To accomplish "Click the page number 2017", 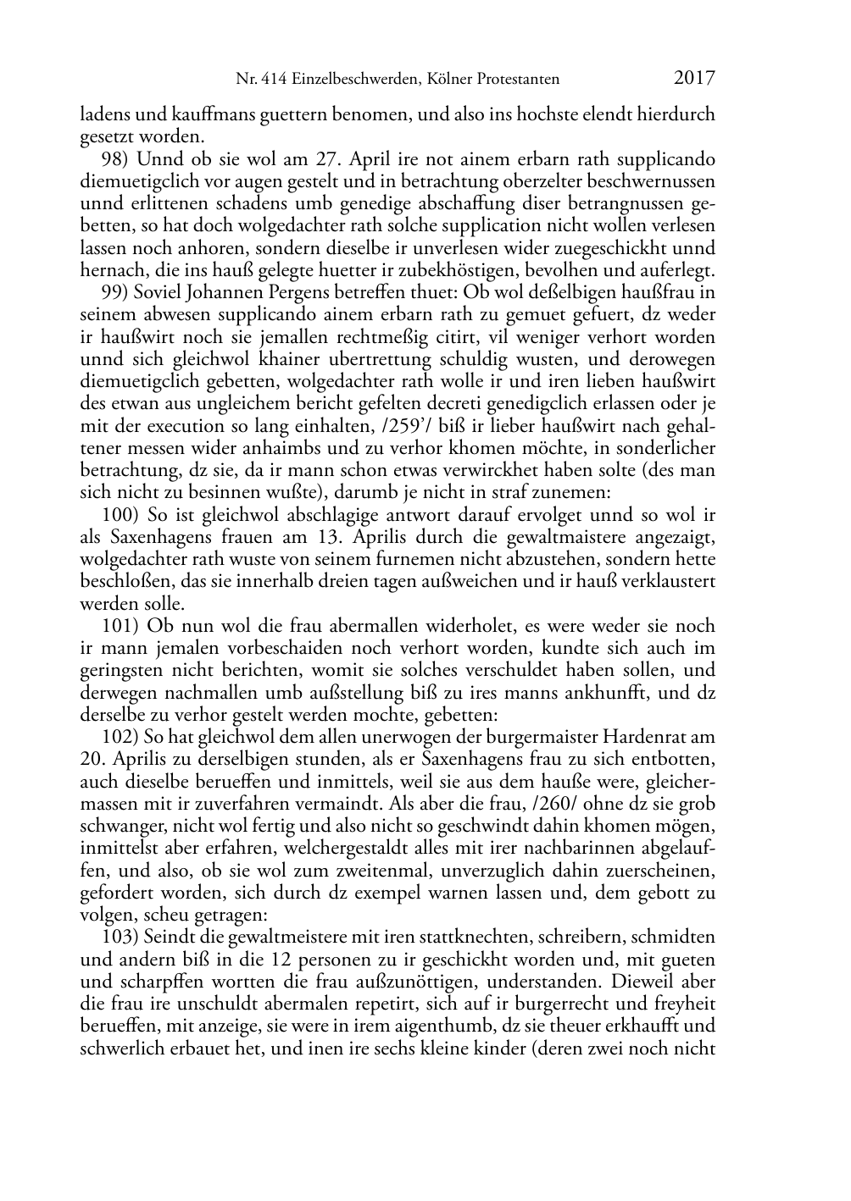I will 694,79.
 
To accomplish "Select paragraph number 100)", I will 120,514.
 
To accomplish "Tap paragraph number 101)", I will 120,626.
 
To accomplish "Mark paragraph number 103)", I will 120,937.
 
